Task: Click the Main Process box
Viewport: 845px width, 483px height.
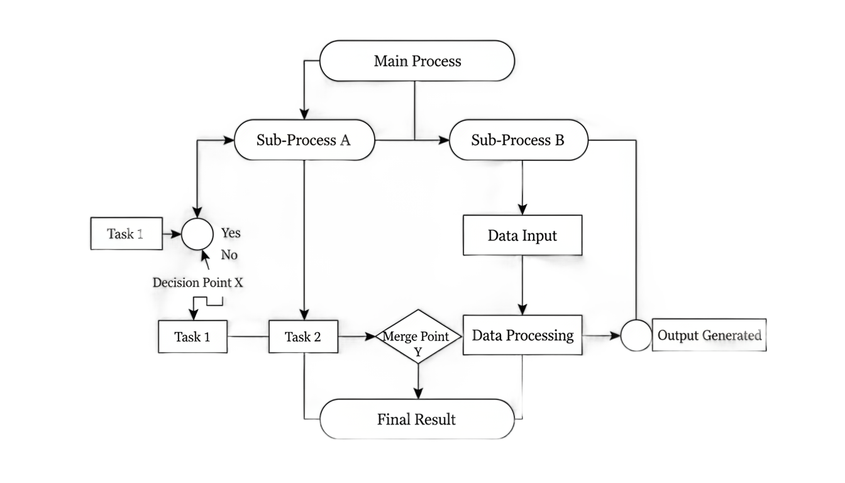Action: tap(417, 61)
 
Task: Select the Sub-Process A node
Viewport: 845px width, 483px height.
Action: tap(304, 140)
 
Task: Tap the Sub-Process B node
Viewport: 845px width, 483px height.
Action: tap(518, 140)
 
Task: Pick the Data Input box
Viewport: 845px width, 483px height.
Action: tap(522, 235)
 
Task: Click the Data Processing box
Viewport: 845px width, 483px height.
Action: tap(522, 335)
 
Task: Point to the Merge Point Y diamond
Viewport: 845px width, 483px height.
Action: tap(418, 336)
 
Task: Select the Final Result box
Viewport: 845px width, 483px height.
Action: tap(417, 419)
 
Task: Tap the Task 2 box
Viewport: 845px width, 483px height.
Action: tap(303, 336)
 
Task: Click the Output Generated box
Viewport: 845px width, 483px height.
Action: tap(709, 335)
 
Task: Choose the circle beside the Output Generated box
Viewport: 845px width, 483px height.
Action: tap(636, 335)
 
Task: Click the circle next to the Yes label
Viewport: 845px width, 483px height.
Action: tap(197, 234)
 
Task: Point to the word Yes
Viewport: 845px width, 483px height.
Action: tap(231, 233)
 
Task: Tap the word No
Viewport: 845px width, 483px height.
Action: tap(229, 255)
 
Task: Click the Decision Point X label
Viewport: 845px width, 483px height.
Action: tap(197, 282)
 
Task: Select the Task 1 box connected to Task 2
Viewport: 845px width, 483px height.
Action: tap(193, 336)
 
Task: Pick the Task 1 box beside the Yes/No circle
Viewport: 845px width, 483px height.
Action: tap(126, 233)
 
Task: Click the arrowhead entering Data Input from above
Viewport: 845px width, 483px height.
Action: tap(522, 209)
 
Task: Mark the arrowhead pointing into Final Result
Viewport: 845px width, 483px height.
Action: tap(418, 394)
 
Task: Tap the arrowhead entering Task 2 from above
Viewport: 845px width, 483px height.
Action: tap(304, 315)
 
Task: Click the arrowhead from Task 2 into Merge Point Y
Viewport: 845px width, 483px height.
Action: tap(370, 336)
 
